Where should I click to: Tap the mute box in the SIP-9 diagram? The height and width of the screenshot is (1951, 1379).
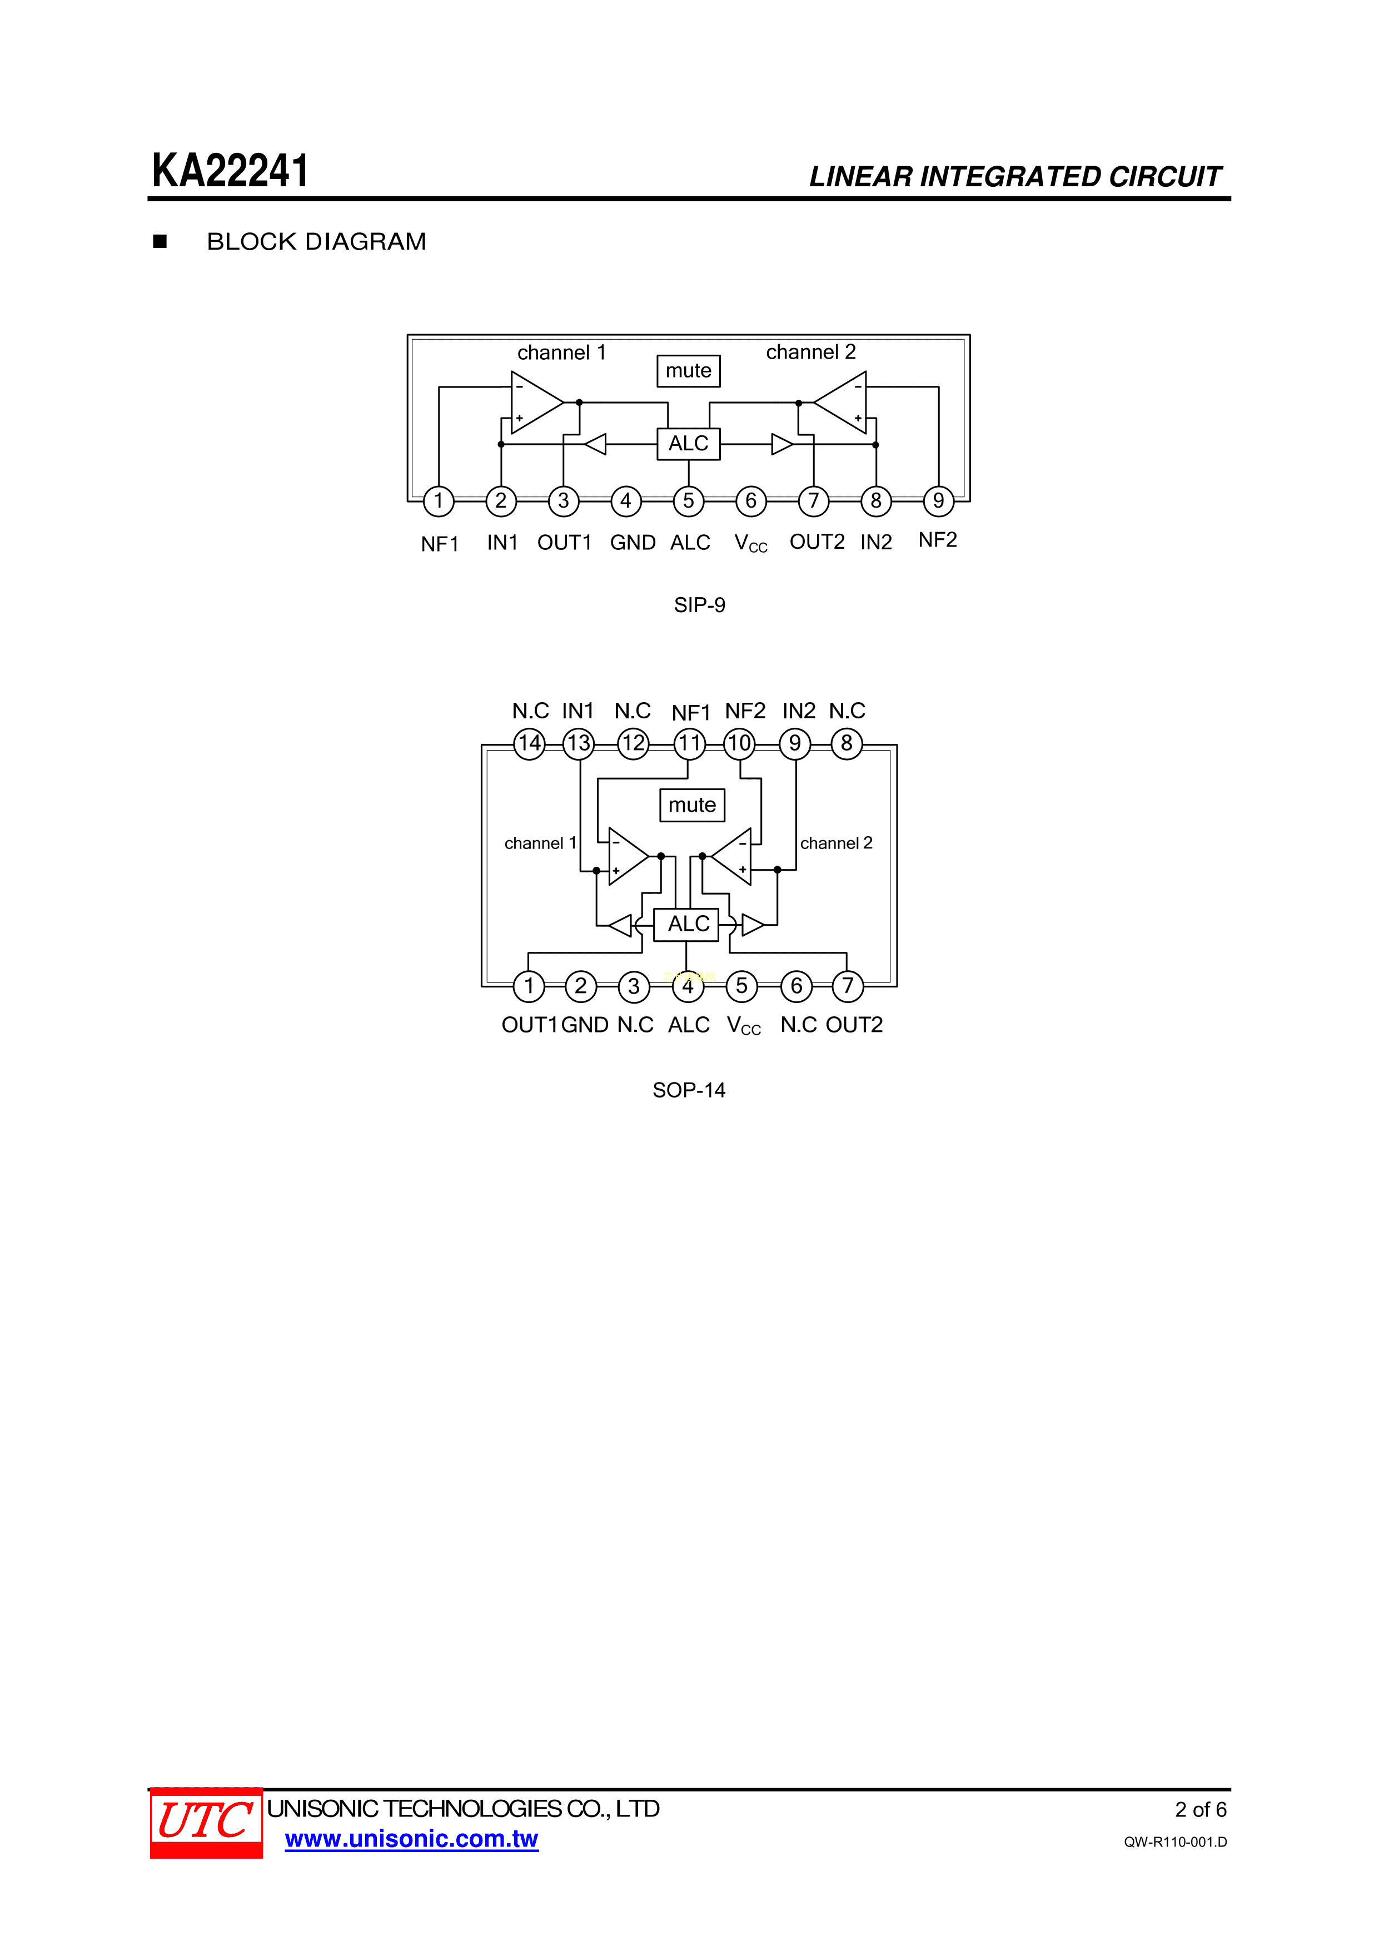point(688,370)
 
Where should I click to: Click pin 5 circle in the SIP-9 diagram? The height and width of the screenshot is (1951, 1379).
point(688,500)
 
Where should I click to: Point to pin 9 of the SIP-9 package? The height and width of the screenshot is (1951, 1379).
point(938,500)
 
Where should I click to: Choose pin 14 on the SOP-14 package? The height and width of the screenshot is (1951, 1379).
point(529,743)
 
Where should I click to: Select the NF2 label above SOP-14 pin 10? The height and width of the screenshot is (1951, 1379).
point(745,711)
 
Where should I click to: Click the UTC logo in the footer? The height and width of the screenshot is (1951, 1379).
point(206,1822)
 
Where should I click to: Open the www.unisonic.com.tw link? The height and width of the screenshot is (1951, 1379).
point(411,1839)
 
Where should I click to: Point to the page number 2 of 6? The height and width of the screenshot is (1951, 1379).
point(1201,1809)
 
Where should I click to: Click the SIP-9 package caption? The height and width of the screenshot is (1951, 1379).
point(699,605)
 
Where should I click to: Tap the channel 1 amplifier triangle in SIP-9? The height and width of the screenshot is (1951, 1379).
point(537,402)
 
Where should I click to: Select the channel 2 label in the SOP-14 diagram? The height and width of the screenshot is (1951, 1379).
point(836,843)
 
